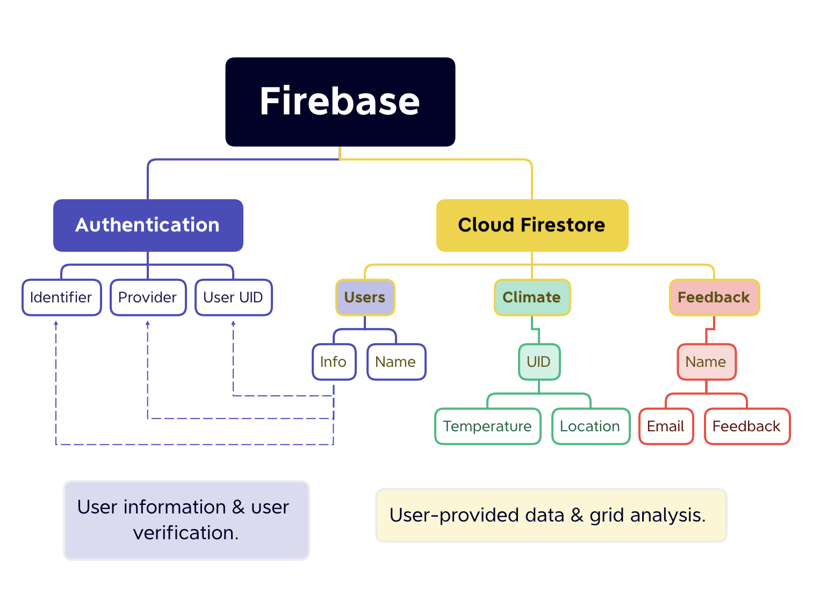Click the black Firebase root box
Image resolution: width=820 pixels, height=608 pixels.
click(340, 102)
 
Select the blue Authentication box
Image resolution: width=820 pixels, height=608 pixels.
click(148, 225)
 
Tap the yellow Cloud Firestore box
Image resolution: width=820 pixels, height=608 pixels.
click(532, 225)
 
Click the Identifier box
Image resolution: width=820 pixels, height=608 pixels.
click(61, 298)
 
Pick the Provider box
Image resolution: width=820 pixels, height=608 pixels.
click(148, 298)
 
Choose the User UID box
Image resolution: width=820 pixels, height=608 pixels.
click(233, 298)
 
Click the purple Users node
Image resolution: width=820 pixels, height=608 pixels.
click(365, 298)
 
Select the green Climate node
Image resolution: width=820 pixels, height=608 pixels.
click(532, 298)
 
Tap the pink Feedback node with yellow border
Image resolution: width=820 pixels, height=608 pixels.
click(714, 298)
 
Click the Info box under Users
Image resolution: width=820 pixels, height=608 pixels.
click(334, 362)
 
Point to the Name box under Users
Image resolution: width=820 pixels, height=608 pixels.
click(396, 362)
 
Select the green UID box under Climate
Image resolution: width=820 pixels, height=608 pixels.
click(539, 362)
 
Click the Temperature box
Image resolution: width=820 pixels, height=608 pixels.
click(487, 426)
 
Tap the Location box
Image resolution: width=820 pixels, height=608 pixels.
click(591, 426)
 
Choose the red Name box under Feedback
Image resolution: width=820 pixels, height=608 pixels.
click(706, 362)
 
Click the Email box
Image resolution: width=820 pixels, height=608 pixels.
click(666, 426)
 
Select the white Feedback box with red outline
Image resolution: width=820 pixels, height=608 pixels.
click(747, 426)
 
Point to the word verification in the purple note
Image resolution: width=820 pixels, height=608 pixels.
click(185, 533)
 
